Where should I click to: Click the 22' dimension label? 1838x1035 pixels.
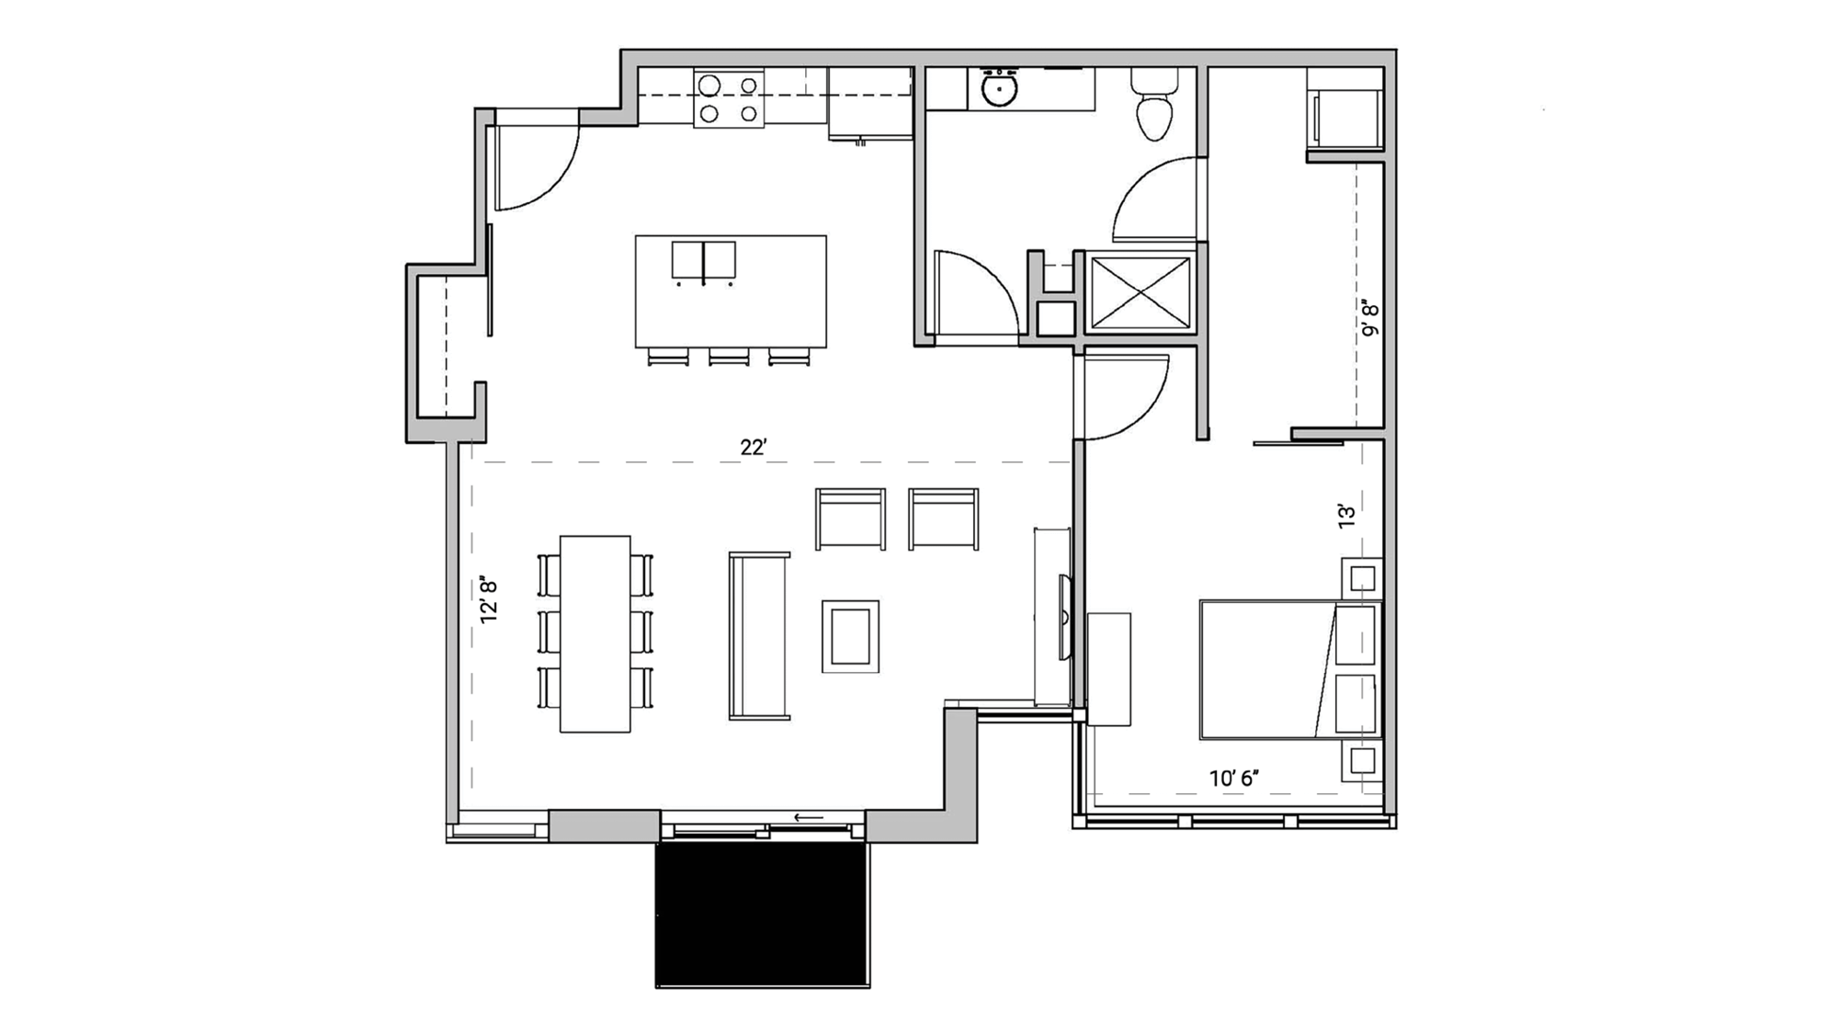click(x=753, y=448)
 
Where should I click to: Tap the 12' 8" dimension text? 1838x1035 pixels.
click(x=489, y=600)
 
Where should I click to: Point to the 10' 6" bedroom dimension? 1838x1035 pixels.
click(x=1233, y=779)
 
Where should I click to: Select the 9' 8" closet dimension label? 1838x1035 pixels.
click(x=1370, y=317)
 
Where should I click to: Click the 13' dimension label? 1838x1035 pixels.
click(x=1346, y=516)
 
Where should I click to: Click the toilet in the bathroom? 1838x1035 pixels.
click(x=1154, y=108)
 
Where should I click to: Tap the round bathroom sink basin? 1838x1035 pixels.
click(x=998, y=91)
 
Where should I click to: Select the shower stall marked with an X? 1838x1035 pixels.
click(x=1140, y=292)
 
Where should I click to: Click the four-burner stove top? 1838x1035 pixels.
click(x=728, y=99)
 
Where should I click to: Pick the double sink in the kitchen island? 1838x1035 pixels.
click(x=703, y=260)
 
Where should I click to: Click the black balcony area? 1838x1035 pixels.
click(x=762, y=914)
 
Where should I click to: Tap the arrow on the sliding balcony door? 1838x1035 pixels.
click(x=809, y=817)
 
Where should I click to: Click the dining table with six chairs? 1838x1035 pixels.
click(x=596, y=633)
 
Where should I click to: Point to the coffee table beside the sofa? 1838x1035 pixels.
click(x=850, y=636)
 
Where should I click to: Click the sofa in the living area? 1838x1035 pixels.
click(x=759, y=636)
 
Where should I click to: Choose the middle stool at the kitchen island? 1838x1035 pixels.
click(x=729, y=357)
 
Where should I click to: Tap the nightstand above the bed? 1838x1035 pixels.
click(x=1362, y=579)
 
